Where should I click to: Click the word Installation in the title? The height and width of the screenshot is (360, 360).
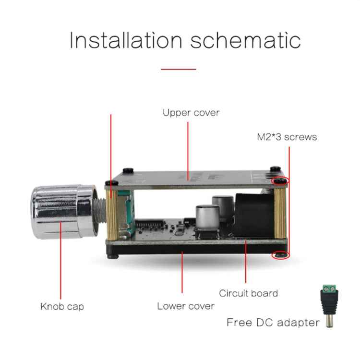[126, 40]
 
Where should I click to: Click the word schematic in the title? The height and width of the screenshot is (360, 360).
[245, 40]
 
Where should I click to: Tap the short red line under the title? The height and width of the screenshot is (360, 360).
[179, 69]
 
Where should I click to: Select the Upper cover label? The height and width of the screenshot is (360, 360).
[191, 113]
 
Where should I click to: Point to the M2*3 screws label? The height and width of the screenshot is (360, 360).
[287, 137]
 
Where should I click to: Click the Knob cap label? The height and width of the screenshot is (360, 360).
[62, 307]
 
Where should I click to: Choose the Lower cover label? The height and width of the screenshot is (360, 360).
[185, 306]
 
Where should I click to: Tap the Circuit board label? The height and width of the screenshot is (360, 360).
[249, 293]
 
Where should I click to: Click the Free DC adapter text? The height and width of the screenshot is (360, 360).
[273, 323]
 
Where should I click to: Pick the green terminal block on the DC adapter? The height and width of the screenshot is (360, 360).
[329, 288]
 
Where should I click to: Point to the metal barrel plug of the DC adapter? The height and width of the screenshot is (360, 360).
[329, 321]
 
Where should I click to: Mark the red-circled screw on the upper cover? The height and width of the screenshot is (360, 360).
[280, 181]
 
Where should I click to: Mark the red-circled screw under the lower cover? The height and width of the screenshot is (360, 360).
[281, 255]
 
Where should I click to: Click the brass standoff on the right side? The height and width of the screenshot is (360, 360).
[280, 213]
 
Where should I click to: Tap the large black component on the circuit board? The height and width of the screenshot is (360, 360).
[255, 215]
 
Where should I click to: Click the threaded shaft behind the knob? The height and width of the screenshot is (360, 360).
[100, 211]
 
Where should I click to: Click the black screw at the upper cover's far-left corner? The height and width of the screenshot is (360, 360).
[111, 183]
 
